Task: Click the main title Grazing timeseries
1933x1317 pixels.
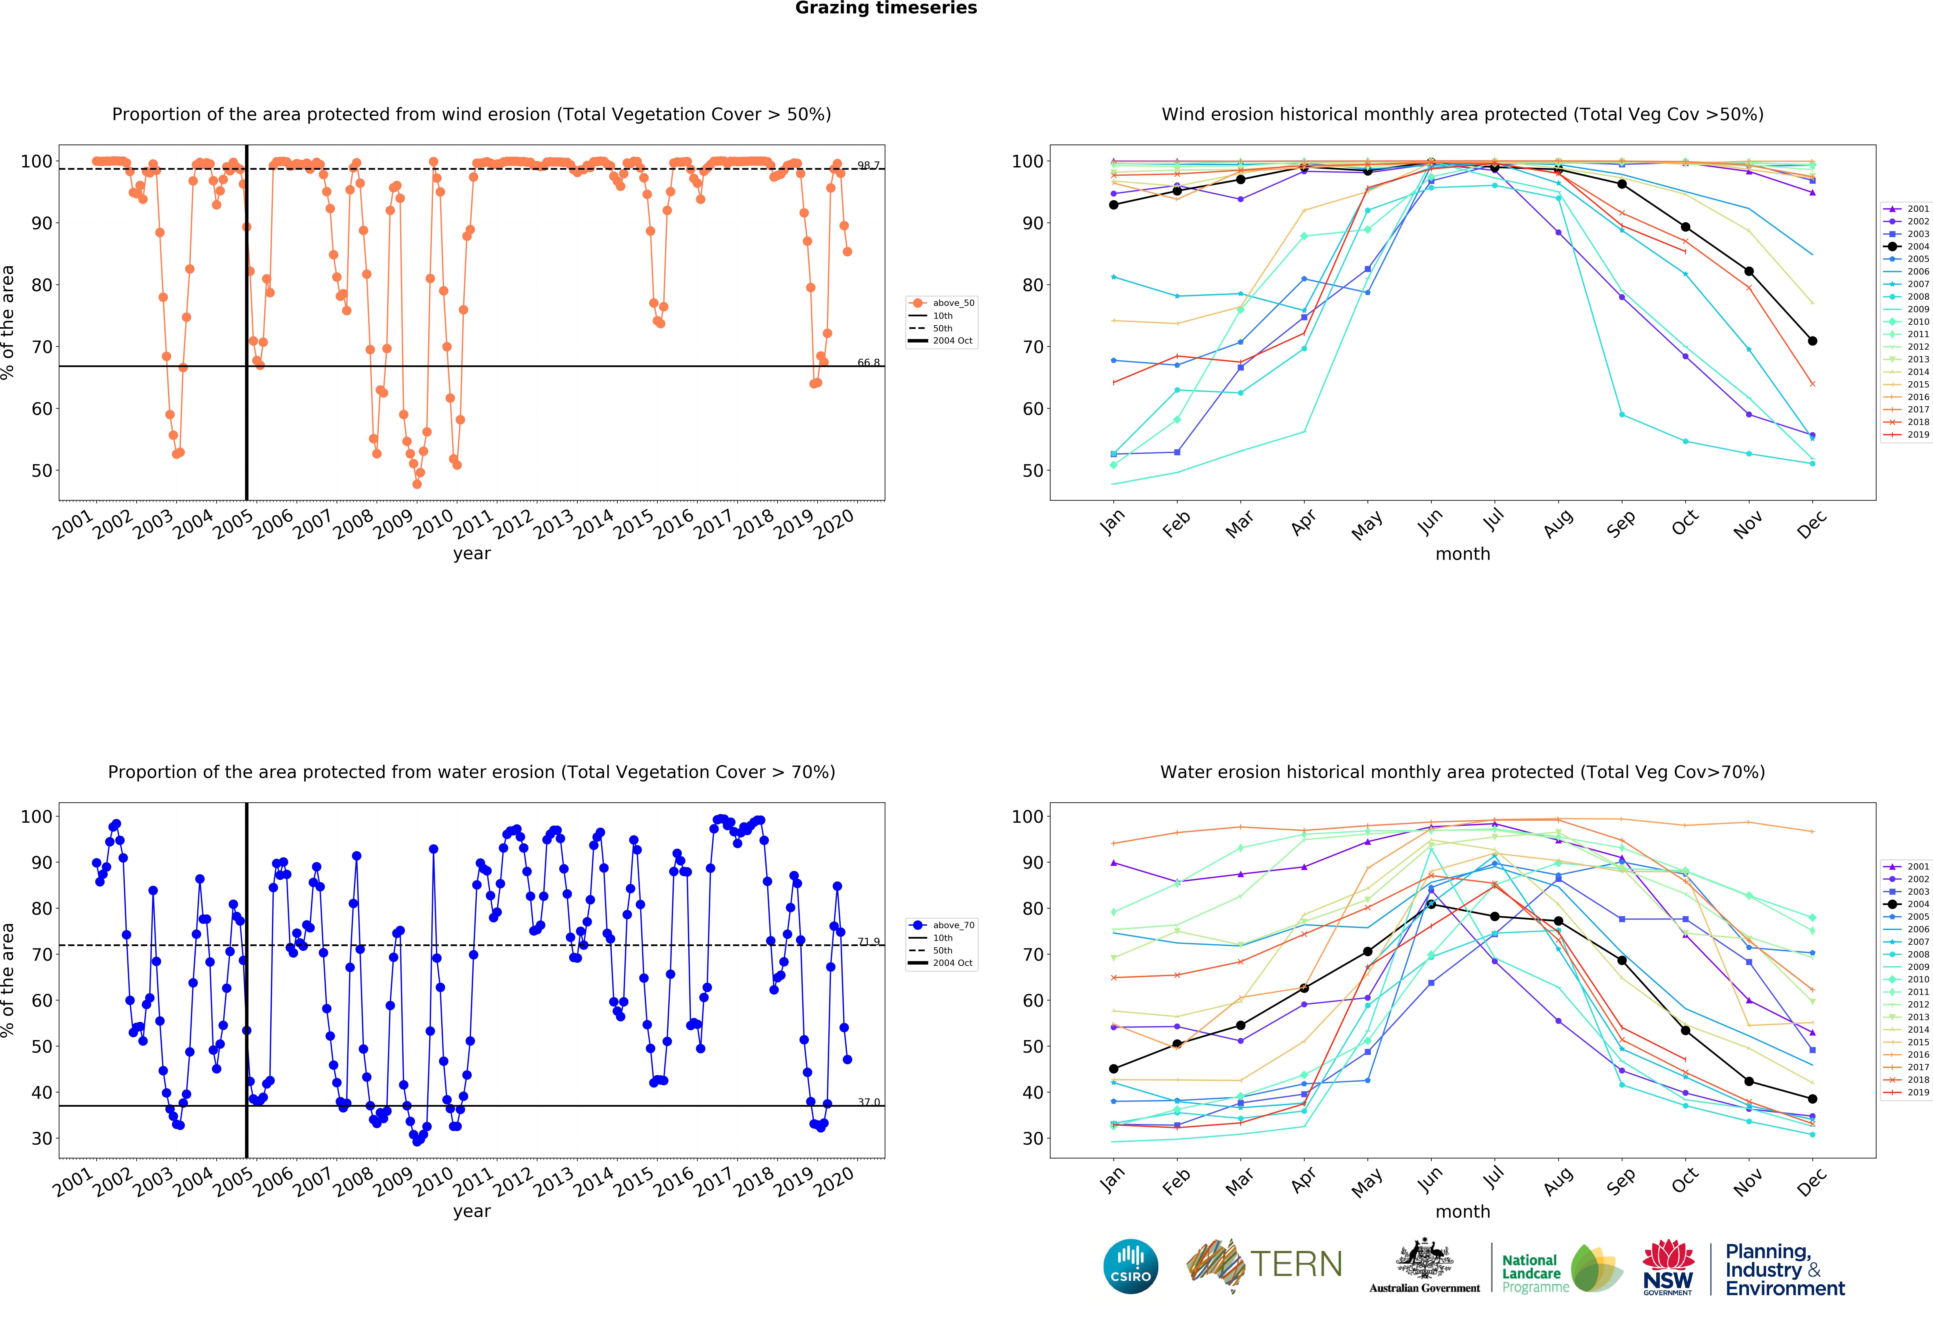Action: click(886, 8)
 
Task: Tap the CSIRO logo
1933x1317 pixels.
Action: click(1130, 1266)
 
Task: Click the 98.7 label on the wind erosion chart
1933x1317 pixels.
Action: click(868, 165)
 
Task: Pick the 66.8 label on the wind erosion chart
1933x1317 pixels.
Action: click(868, 362)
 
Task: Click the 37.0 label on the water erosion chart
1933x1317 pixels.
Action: click(868, 1103)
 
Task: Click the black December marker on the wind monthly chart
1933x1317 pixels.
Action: click(1812, 341)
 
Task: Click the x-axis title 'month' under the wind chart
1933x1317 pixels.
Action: click(1462, 554)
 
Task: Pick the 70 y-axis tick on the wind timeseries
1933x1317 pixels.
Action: click(42, 347)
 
